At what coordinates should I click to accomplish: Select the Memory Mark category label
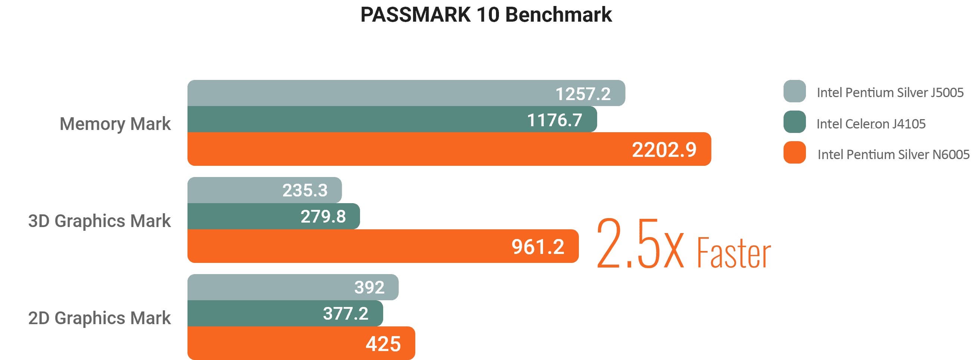(115, 124)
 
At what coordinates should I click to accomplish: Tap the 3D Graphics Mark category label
(99, 221)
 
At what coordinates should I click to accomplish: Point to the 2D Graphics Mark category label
(99, 318)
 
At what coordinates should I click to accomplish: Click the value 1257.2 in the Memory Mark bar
(583, 94)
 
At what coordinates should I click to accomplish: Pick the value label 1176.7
(554, 120)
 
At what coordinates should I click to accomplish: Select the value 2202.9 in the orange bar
(664, 149)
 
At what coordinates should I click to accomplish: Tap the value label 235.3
(305, 190)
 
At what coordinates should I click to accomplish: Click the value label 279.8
(323, 217)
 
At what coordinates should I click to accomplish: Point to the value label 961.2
(538, 247)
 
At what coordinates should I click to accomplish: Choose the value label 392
(369, 288)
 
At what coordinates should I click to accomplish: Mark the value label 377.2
(345, 313)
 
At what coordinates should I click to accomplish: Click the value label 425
(383, 344)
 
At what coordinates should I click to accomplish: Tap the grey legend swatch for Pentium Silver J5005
(794, 91)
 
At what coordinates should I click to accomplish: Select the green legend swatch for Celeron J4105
(794, 122)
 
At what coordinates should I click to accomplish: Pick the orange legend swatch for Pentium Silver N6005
(794, 152)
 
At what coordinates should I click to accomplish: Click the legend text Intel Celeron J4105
(871, 124)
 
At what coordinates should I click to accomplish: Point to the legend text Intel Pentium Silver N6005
(893, 155)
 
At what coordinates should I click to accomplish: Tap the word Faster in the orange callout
(733, 252)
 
